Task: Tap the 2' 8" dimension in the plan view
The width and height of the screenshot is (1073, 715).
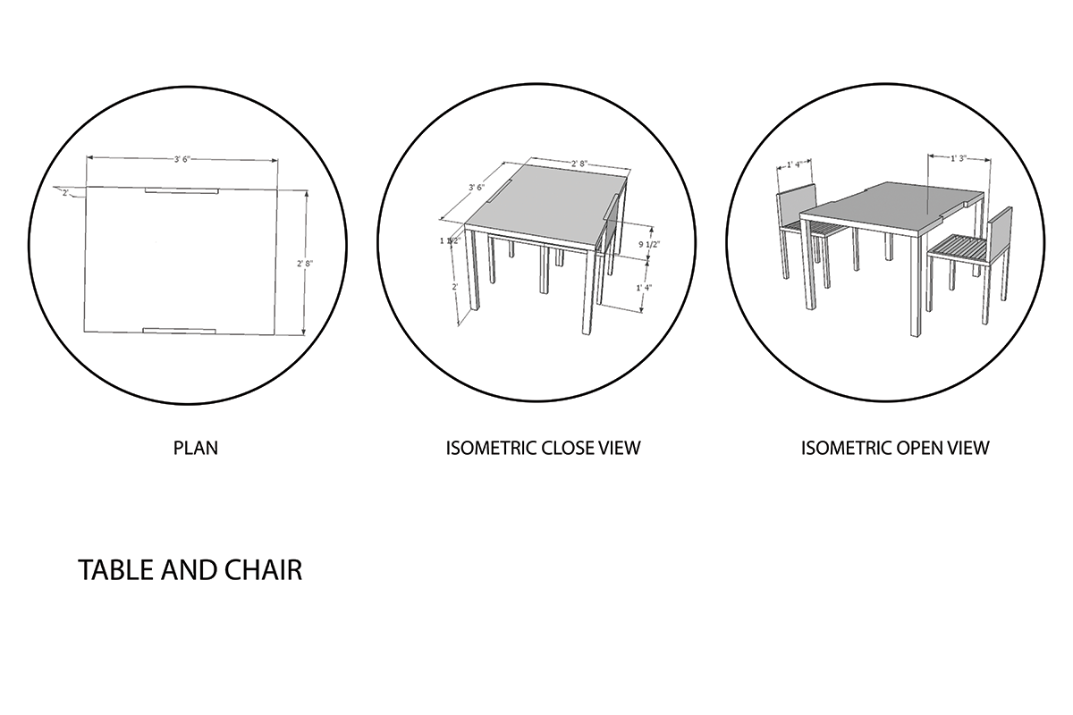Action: (306, 263)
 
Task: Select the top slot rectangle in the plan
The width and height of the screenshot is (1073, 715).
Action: (182, 190)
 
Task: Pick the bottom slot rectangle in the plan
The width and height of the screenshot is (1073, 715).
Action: (180, 330)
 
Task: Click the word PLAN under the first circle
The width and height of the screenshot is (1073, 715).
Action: (195, 448)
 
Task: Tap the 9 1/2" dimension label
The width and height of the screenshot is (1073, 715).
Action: (650, 243)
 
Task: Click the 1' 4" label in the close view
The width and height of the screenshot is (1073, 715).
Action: (644, 288)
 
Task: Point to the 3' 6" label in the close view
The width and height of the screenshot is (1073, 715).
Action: (476, 188)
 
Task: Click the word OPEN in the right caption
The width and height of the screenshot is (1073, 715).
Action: (925, 448)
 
